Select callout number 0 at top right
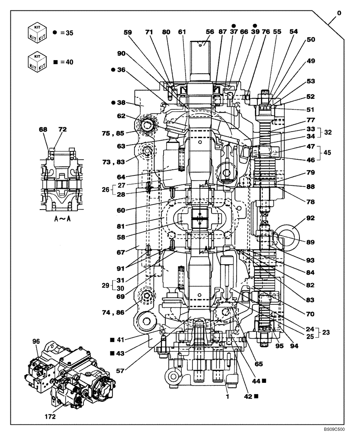point(339,13)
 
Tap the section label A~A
point(63,219)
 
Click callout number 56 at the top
point(210,32)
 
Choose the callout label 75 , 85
point(125,133)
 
